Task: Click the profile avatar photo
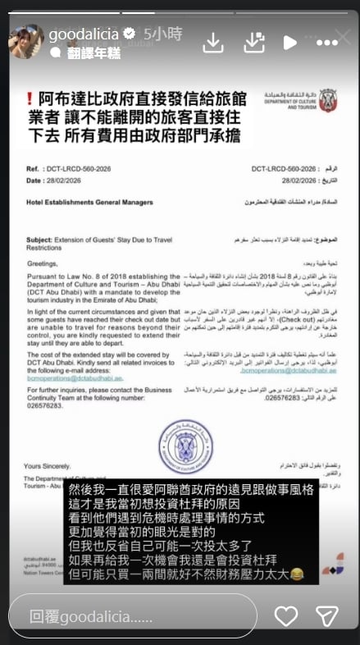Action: [26, 41]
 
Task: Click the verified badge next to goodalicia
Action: [129, 35]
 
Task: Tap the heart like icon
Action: [286, 615]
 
